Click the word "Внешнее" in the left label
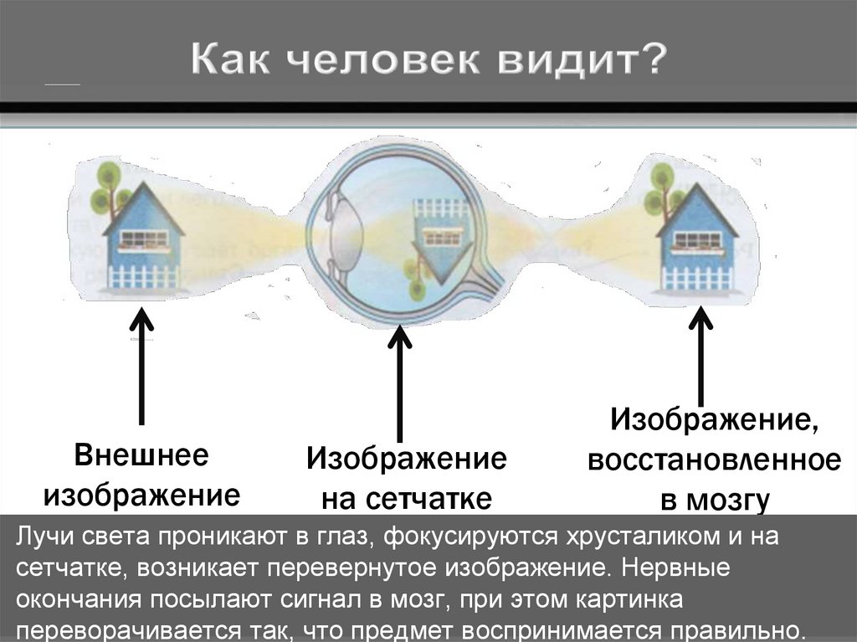(x=141, y=458)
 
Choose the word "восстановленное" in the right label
(x=713, y=460)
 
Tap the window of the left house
(x=144, y=240)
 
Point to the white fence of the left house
(x=144, y=276)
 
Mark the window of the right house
(x=697, y=239)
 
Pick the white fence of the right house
(x=696, y=277)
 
